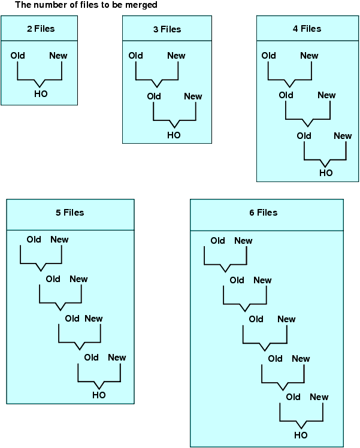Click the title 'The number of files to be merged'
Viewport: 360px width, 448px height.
(x=86, y=5)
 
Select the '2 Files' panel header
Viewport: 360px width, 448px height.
(x=40, y=28)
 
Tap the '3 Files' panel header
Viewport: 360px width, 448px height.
(x=167, y=29)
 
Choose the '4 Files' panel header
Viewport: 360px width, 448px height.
(x=307, y=28)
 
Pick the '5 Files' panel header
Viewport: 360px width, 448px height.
(x=69, y=213)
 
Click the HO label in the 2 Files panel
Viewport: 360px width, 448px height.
(x=41, y=94)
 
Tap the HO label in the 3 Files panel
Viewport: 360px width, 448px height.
(x=174, y=135)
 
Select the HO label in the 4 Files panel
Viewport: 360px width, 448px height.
(x=326, y=173)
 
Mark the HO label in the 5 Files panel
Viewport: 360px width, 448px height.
(x=99, y=395)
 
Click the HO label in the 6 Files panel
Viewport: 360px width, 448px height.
(x=301, y=435)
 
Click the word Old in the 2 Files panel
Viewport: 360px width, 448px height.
(x=18, y=56)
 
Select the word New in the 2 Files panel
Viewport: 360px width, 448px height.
(x=59, y=56)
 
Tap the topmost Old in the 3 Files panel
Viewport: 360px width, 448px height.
(x=136, y=56)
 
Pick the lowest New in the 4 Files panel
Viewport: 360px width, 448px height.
(x=343, y=136)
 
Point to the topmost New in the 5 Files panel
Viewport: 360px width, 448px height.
(x=60, y=240)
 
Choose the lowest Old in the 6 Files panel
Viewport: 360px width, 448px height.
(x=294, y=397)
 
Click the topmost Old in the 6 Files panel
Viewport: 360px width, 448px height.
(x=218, y=241)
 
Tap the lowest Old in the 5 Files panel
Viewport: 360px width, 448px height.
(x=92, y=358)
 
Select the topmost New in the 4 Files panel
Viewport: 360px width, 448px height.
(x=309, y=56)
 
